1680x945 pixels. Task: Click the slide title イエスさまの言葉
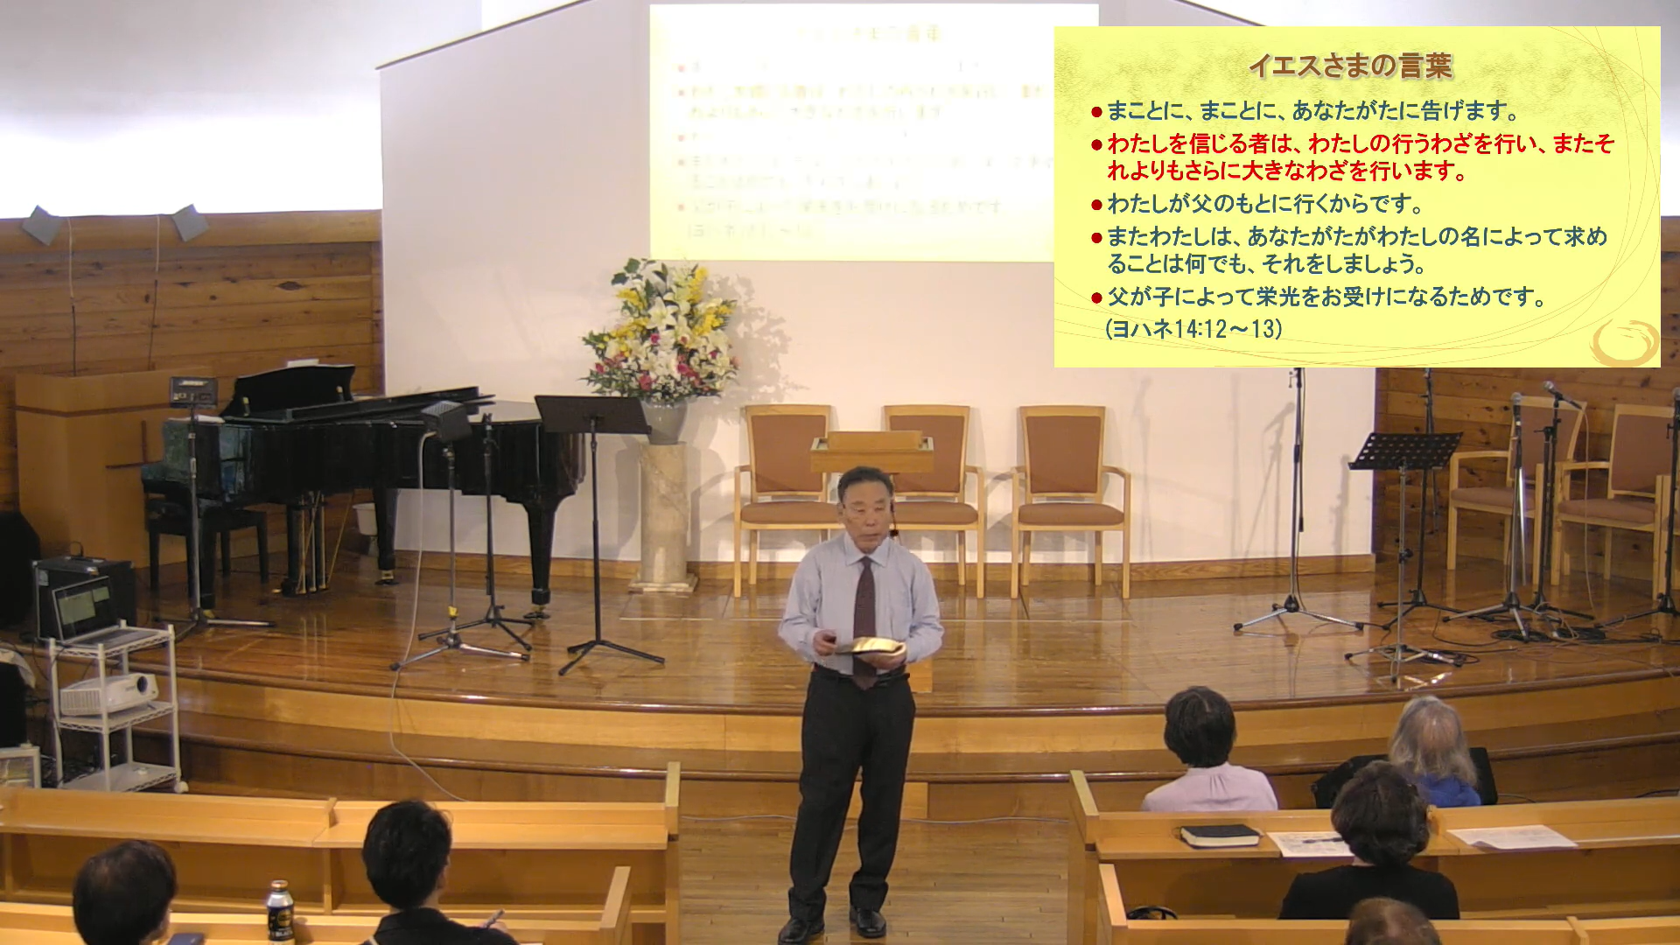tap(1350, 66)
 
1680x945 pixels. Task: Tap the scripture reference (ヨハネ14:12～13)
tap(1193, 329)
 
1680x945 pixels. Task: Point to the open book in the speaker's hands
tap(869, 647)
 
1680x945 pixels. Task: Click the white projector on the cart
tap(108, 693)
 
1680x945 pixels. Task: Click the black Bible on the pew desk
tap(1220, 836)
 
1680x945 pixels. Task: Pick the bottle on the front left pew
tap(279, 912)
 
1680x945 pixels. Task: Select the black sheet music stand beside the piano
tap(591, 416)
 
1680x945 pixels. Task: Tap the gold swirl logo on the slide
tap(1624, 342)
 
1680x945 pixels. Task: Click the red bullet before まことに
tap(1096, 112)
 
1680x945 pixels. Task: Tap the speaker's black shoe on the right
tap(869, 920)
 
